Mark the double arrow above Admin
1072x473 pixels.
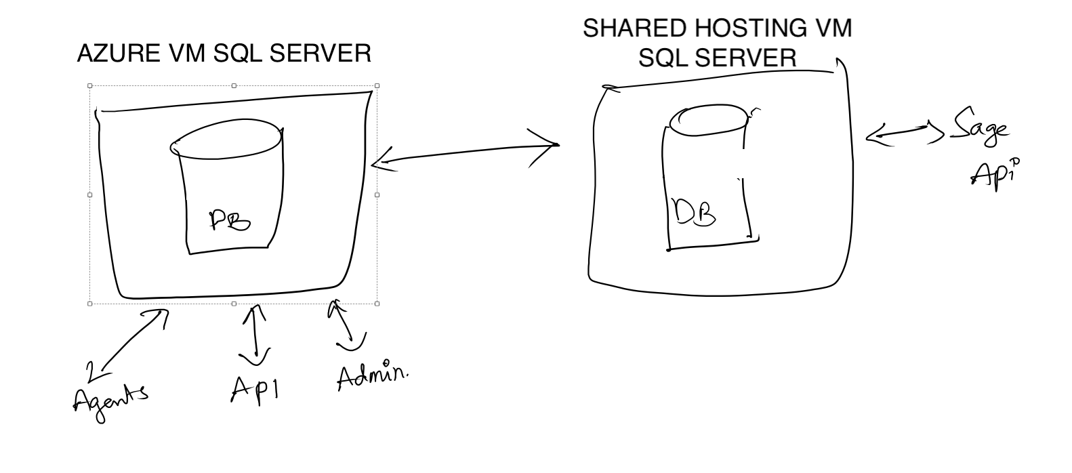coord(345,327)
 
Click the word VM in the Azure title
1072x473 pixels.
coord(189,54)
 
